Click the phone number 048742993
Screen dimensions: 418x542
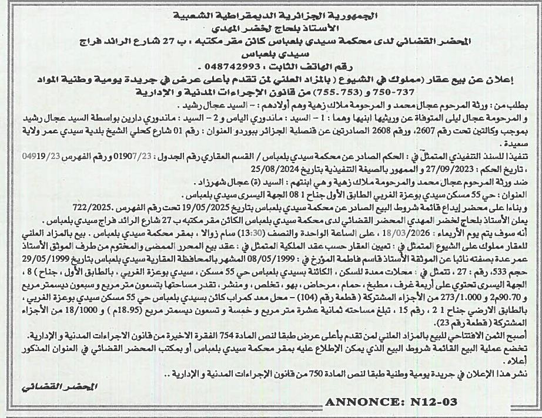[x=236, y=66]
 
